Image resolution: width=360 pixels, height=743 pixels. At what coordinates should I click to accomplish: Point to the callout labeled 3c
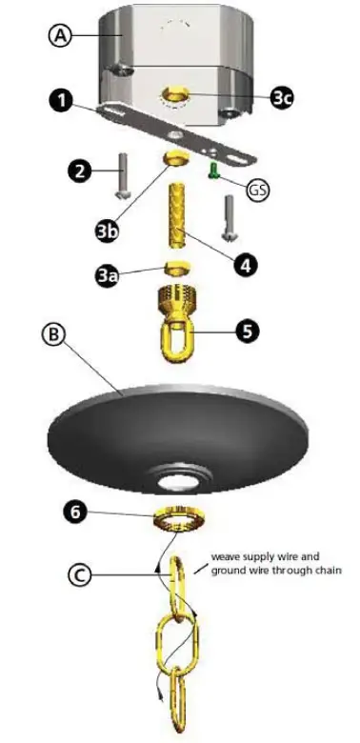282,97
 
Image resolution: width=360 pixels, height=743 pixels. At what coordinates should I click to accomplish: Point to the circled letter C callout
81,574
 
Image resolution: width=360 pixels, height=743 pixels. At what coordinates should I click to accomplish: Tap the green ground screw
214,173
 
